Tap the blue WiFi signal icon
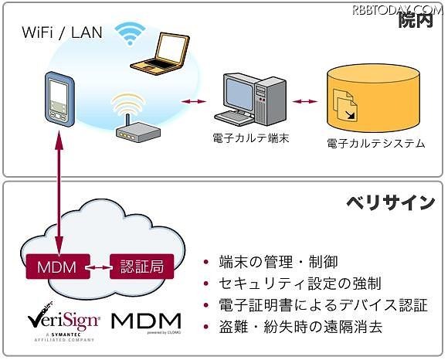129,33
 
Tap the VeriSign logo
59,324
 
